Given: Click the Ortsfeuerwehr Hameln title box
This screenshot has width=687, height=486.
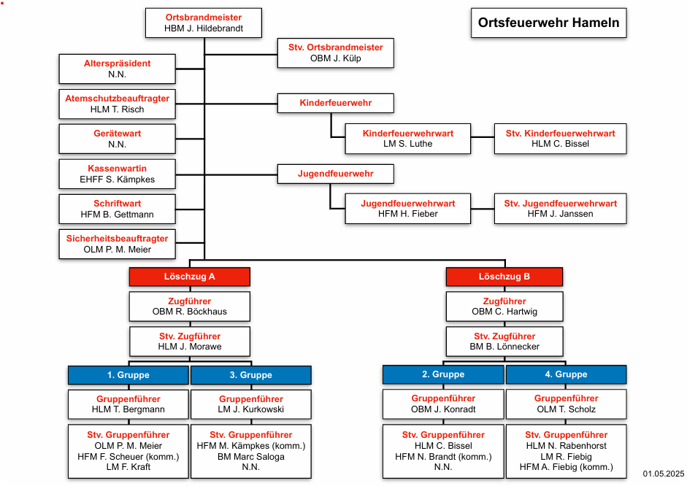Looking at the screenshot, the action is [x=548, y=23].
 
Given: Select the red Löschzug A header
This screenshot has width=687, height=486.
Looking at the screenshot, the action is [x=190, y=277].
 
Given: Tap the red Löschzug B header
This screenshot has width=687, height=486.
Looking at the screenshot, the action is [x=504, y=277].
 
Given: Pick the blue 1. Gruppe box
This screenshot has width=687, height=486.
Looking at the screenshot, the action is [x=128, y=375].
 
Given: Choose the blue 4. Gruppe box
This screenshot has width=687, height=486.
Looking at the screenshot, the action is [x=566, y=375].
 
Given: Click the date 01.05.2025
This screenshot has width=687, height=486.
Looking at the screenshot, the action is [x=664, y=474].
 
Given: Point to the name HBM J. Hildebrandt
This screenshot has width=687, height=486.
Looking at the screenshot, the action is [x=204, y=28].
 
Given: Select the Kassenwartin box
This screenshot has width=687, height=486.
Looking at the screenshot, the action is [x=118, y=174].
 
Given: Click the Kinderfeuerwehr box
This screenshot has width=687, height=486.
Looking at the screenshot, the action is [x=336, y=104].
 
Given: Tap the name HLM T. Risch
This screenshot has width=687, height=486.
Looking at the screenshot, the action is [x=118, y=109].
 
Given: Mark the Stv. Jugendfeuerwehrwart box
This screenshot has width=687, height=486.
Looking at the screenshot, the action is [x=561, y=209].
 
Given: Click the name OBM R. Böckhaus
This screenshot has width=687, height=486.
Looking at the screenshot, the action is [x=190, y=312].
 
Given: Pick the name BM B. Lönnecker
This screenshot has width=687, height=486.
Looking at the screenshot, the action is [x=504, y=347].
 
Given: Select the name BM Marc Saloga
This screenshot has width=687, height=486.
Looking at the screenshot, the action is [x=251, y=457].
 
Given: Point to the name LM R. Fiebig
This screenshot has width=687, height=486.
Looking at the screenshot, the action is [x=566, y=457].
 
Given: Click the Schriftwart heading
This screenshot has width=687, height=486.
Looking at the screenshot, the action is [x=118, y=204].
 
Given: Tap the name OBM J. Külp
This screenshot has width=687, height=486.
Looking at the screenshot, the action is [x=336, y=58].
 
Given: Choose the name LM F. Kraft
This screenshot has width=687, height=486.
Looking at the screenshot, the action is [x=128, y=467].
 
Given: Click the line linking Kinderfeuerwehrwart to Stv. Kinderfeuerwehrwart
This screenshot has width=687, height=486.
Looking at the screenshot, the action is [x=483, y=137].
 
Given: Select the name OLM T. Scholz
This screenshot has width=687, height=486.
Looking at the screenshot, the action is [x=566, y=409].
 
